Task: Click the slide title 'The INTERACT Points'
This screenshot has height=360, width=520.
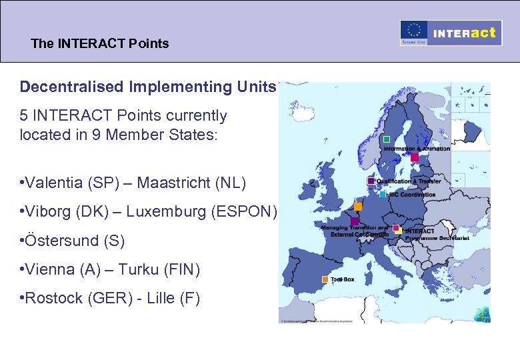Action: point(100,44)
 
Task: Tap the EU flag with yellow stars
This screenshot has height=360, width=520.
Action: point(414,31)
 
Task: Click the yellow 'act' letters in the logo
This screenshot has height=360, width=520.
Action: point(483,32)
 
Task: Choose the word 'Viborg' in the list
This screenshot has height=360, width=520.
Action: point(48,212)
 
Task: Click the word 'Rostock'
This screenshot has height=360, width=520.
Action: point(53,299)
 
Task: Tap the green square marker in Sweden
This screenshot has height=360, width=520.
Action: point(387,139)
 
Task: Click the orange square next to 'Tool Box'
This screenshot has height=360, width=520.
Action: point(325,279)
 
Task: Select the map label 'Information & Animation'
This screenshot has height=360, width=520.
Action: point(416,149)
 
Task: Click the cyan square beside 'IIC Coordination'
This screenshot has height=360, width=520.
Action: point(383,195)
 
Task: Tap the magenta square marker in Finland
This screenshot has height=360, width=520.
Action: point(414,157)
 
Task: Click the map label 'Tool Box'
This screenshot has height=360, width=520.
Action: point(343,280)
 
